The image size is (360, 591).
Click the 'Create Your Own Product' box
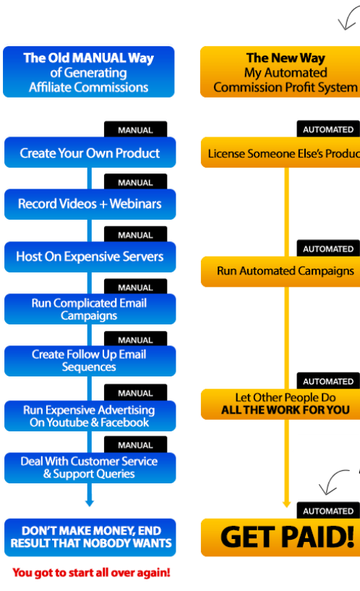coord(90,153)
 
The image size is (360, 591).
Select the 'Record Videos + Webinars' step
coord(90,204)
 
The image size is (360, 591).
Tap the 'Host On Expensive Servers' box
coord(90,256)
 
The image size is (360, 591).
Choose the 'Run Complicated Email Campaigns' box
coord(90,309)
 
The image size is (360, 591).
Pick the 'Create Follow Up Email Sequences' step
coord(90,361)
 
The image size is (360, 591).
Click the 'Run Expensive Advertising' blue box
coord(90,416)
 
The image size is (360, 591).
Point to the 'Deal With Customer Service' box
coord(90,467)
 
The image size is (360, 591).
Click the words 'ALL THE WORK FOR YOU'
coord(285,410)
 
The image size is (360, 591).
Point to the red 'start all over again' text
coord(91,573)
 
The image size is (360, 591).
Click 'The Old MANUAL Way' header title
coord(88,59)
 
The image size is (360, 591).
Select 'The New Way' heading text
coord(286,58)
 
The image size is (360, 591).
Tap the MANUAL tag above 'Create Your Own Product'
coord(135,130)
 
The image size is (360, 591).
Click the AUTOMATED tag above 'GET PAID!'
coord(327,511)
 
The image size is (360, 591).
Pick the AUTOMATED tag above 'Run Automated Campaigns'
coord(327,249)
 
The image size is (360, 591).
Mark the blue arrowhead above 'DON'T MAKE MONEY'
coord(89,502)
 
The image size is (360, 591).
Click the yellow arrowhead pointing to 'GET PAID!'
coord(286,504)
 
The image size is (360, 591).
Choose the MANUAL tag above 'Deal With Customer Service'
coord(135,445)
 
